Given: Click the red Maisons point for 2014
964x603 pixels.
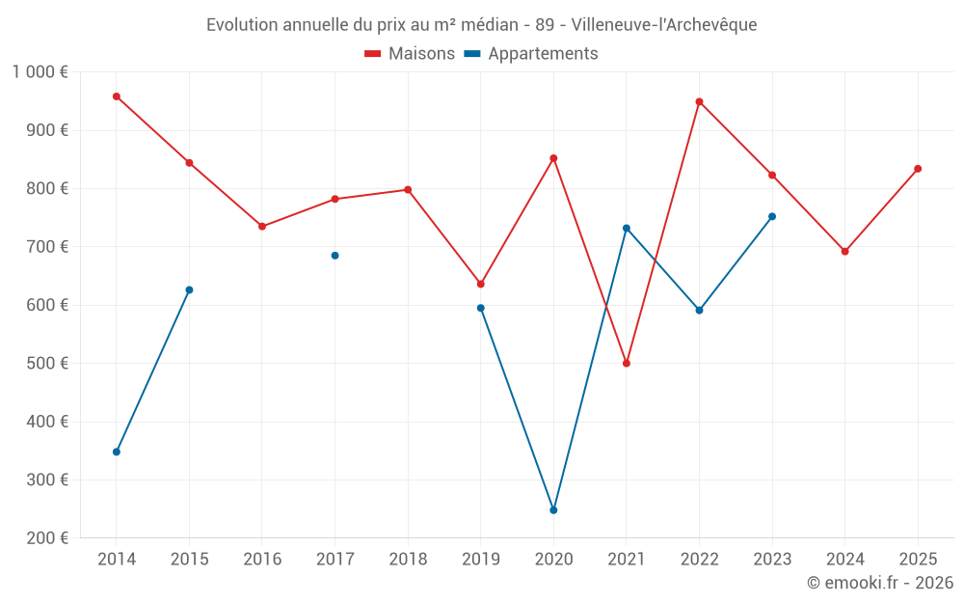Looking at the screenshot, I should [117, 96].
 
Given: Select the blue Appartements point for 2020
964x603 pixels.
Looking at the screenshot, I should [553, 509].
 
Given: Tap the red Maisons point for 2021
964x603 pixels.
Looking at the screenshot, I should [627, 364].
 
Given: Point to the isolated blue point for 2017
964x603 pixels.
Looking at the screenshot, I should [335, 256].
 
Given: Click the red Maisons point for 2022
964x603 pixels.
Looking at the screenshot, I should [699, 101].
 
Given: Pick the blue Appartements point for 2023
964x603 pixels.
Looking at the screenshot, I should [772, 216].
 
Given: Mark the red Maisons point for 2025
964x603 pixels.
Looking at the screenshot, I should [918, 169].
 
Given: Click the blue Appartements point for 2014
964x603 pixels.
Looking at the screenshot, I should [117, 452].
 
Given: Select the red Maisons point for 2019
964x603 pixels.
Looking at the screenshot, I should [481, 284].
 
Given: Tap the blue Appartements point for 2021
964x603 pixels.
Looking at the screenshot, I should [627, 228].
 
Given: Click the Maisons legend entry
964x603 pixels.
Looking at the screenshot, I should [410, 54].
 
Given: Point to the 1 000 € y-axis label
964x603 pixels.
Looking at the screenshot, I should [40, 72].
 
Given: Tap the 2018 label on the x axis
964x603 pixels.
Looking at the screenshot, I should [408, 560].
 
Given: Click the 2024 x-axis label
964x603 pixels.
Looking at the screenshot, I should [844, 560].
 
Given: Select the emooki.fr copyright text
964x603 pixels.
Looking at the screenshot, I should [880, 583].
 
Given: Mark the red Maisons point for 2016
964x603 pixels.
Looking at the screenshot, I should [262, 226].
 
